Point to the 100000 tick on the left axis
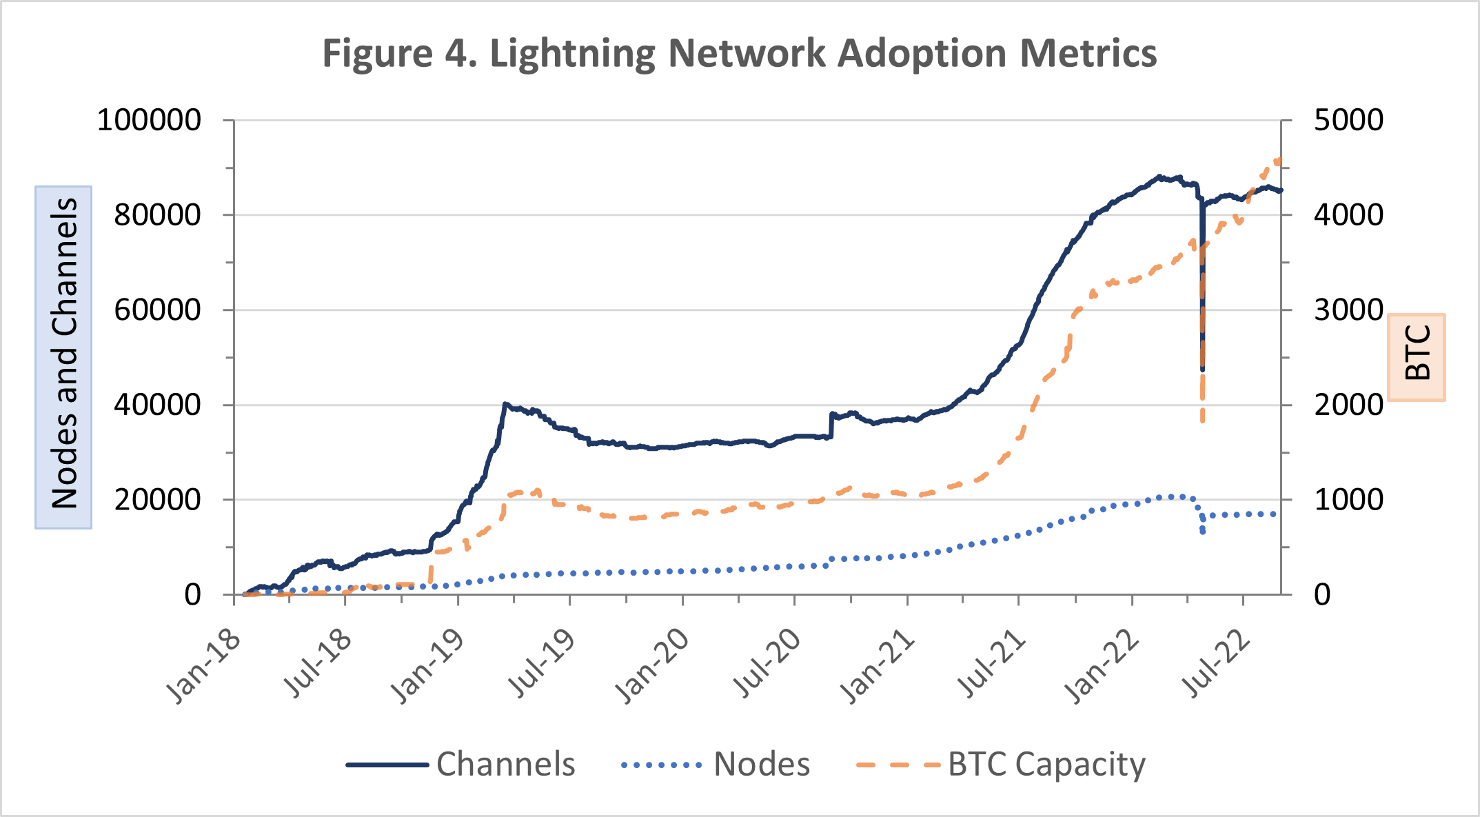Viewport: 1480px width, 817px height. tap(149, 120)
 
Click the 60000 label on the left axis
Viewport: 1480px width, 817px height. tap(157, 310)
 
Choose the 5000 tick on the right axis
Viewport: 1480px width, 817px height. tap(1348, 120)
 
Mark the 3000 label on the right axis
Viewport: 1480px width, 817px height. tap(1348, 310)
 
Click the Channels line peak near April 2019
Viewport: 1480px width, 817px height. tap(505, 404)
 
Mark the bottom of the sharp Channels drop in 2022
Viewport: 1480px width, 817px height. tap(1202, 370)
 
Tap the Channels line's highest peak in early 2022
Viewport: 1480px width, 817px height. tap(1159, 176)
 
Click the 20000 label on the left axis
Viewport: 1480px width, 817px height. tap(157, 499)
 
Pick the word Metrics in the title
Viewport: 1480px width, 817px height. tap(1088, 54)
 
